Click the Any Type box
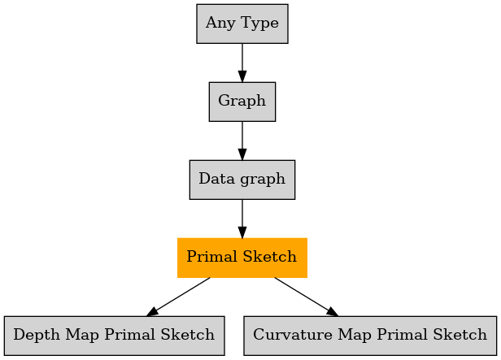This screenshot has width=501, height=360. pyautogui.click(x=242, y=24)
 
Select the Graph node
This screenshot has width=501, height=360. pyautogui.click(x=242, y=102)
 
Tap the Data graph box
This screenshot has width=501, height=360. pyautogui.click(x=242, y=180)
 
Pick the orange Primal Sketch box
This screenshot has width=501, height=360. pyautogui.click(x=242, y=258)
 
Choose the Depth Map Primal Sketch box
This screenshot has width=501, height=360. pyautogui.click(x=115, y=336)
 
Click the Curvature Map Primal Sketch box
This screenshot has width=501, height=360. pyautogui.click(x=370, y=336)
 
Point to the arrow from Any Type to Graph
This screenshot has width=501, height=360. pyautogui.click(x=242, y=63)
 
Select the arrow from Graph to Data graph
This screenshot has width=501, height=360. pyautogui.click(x=242, y=141)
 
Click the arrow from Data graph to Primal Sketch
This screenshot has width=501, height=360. pyautogui.click(x=242, y=219)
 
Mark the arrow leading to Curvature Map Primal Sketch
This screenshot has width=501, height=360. pyautogui.click(x=306, y=297)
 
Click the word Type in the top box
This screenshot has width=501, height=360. pyautogui.click(x=259, y=24)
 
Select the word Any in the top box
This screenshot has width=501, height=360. pyautogui.click(x=221, y=24)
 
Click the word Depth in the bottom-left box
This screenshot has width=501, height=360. pyautogui.click(x=37, y=335)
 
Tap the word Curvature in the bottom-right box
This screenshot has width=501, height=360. pyautogui.click(x=293, y=335)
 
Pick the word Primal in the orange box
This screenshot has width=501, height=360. pyautogui.click(x=212, y=256)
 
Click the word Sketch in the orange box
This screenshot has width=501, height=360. pyautogui.click(x=270, y=256)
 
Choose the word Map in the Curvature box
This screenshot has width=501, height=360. pyautogui.click(x=355, y=335)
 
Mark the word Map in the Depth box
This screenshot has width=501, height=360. pyautogui.click(x=82, y=335)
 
